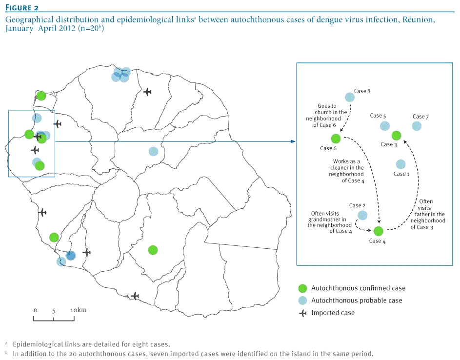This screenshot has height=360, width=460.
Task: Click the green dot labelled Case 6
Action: click(x=335, y=139)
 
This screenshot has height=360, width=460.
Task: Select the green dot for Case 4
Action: click(x=379, y=231)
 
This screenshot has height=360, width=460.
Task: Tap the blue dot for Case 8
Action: click(x=350, y=98)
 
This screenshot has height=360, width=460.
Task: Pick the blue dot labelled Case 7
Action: click(x=416, y=126)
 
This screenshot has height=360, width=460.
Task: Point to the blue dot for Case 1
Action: click(x=400, y=164)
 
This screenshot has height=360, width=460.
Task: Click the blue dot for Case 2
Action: click(x=362, y=215)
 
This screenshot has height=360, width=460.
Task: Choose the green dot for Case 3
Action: click(x=396, y=135)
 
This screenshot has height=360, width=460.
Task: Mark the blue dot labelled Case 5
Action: click(x=385, y=126)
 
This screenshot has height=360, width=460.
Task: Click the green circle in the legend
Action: click(x=302, y=288)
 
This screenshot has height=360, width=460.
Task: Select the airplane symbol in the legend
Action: click(x=302, y=313)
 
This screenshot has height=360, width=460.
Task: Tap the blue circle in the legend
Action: click(x=302, y=300)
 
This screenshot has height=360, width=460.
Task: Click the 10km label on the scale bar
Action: click(x=78, y=310)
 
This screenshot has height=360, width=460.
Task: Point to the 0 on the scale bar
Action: click(x=36, y=310)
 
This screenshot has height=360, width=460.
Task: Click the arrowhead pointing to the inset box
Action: click(x=293, y=141)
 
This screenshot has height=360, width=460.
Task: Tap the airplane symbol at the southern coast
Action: click(x=135, y=296)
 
